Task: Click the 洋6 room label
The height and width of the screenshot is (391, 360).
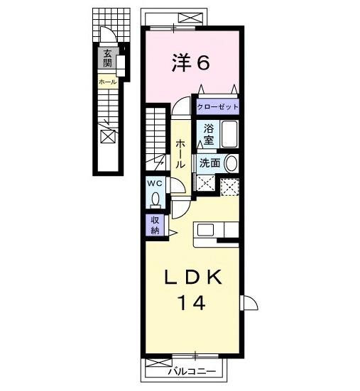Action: (x=190, y=64)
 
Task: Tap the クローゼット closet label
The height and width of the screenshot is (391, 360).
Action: (x=218, y=106)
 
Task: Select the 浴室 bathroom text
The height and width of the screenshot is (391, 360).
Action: (x=208, y=134)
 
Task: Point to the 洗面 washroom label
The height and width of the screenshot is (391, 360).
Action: (x=209, y=163)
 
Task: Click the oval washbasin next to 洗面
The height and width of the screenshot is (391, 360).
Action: (x=231, y=163)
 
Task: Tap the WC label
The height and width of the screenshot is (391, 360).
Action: (x=155, y=183)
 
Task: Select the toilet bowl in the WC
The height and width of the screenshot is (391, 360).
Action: (x=155, y=199)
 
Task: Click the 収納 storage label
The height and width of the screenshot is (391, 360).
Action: (x=154, y=225)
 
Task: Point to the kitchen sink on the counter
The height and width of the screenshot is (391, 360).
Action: (x=206, y=230)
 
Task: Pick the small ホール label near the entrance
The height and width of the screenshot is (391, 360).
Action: (x=107, y=82)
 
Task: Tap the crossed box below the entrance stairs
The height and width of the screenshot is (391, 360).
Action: (x=107, y=136)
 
